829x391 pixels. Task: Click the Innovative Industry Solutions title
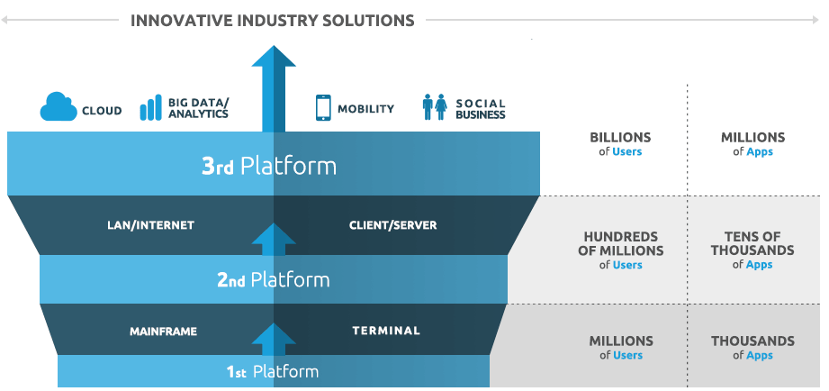273,19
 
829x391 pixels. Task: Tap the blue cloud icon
56,107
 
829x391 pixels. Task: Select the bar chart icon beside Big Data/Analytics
150,108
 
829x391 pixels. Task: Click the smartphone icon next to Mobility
323,107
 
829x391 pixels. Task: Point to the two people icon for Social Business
435,107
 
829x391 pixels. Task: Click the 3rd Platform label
268,166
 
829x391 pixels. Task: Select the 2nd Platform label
273,280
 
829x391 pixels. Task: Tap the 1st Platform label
272,371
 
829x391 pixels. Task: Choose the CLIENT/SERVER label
392,225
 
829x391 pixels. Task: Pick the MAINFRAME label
163,331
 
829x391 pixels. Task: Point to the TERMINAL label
385,331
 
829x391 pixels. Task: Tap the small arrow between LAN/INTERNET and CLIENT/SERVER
274,238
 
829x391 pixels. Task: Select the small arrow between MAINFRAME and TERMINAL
274,340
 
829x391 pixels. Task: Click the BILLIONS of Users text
620,144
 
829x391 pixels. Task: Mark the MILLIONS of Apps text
752,144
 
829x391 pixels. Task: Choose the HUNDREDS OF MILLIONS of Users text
620,250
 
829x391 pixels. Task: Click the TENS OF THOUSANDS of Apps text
752,250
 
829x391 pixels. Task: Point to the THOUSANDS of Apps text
752,348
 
